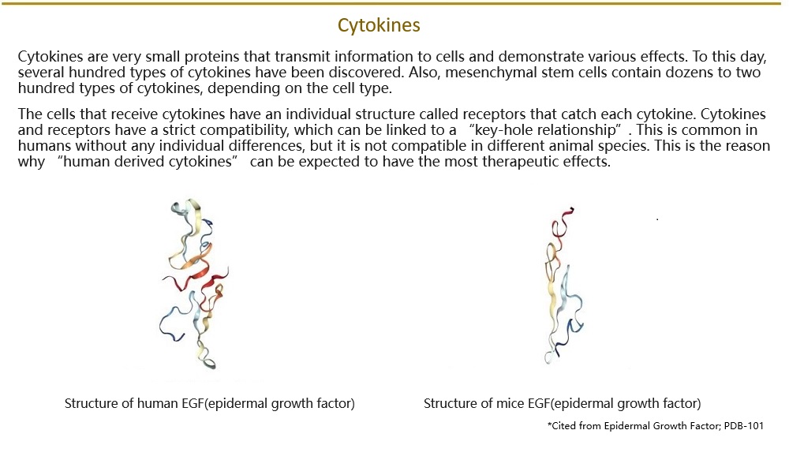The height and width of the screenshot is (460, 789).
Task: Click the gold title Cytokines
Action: tap(379, 25)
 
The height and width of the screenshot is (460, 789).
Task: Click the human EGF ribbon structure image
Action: tap(194, 284)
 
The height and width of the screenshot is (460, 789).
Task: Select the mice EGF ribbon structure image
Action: tap(564, 285)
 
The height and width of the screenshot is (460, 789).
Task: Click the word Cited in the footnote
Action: tap(563, 426)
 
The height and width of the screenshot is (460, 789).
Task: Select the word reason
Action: tap(746, 146)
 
